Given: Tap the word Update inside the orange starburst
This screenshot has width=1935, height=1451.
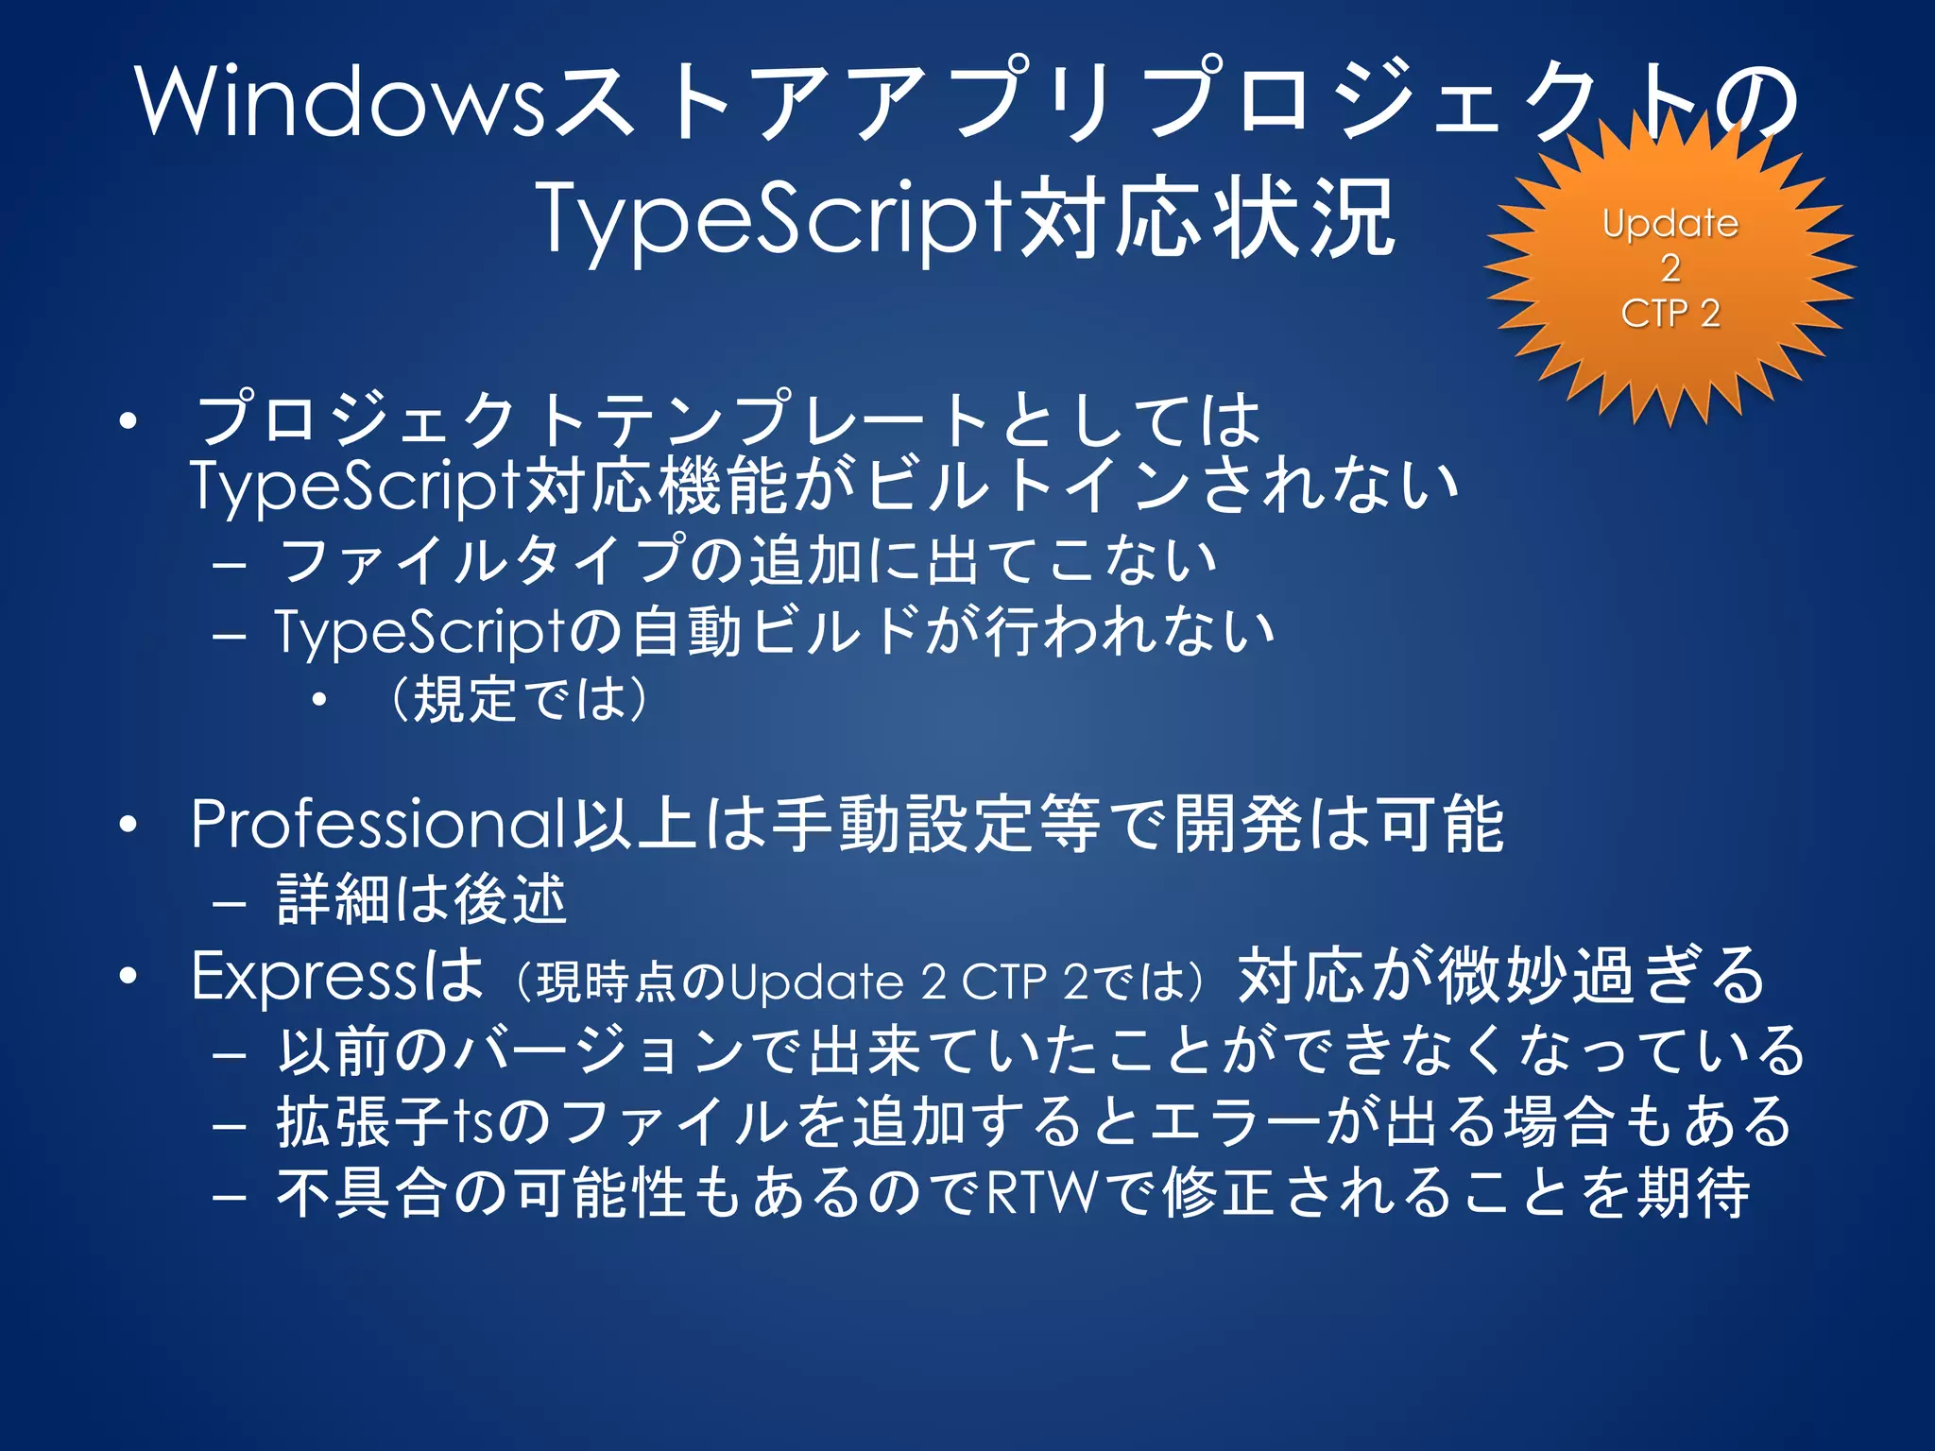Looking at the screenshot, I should (x=1670, y=224).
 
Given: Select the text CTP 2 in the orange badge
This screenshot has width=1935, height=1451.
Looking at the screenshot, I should (x=1670, y=313).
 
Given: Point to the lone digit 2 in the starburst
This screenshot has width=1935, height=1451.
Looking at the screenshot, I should (x=1670, y=268).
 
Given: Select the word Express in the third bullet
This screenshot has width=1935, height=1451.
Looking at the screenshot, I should (x=302, y=976).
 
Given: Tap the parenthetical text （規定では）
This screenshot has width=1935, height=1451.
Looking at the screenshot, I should (x=519, y=699).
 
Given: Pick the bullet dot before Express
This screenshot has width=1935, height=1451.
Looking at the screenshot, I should (x=128, y=977).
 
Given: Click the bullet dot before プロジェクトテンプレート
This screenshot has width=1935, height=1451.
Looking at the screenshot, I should (x=128, y=421).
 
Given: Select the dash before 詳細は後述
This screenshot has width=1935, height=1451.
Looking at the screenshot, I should (x=230, y=902).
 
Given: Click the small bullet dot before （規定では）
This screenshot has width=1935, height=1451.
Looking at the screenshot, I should (x=320, y=700).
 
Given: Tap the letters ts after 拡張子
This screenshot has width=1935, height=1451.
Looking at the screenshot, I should (x=472, y=1122).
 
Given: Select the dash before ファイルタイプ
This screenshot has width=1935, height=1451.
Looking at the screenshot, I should (x=230, y=564).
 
